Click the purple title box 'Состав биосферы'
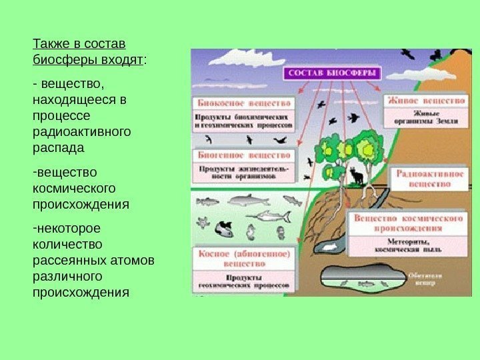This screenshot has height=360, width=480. [x=331, y=73]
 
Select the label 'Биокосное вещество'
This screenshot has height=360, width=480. [x=245, y=103]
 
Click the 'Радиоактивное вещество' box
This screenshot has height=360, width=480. [x=430, y=177]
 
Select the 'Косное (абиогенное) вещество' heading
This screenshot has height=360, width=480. [x=243, y=259]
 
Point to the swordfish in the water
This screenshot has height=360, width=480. [x=269, y=216]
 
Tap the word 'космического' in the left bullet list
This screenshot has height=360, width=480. [x=73, y=187]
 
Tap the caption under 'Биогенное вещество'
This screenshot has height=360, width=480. [x=244, y=173]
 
